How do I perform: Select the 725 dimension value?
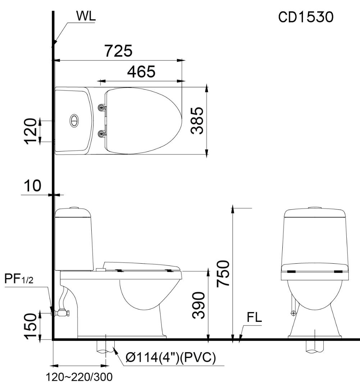click(x=118, y=51)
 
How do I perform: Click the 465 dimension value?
click(x=141, y=72)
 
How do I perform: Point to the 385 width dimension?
click(x=198, y=121)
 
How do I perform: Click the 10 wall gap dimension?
click(x=32, y=186)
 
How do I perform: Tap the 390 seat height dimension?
click(x=199, y=305)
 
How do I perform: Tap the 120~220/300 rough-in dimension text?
click(x=79, y=378)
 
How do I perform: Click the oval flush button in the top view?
click(x=74, y=120)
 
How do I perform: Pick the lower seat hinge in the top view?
click(x=102, y=134)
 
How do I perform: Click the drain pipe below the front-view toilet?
click(x=315, y=345)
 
